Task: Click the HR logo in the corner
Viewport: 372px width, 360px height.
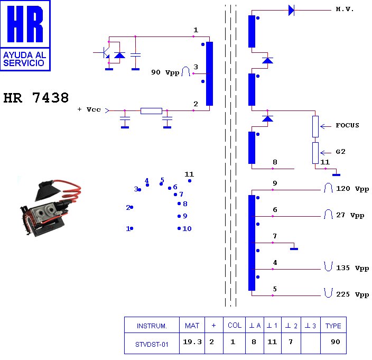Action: (x=26, y=35)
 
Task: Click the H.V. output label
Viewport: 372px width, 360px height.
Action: (x=345, y=10)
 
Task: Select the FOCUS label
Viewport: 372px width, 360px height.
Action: (x=347, y=125)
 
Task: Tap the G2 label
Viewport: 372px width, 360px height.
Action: (x=341, y=151)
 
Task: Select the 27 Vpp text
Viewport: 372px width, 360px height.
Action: (x=350, y=215)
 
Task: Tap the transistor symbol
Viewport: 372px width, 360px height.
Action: (x=105, y=53)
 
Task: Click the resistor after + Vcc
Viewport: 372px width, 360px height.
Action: (x=151, y=110)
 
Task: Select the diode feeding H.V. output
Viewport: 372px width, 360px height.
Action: (x=291, y=10)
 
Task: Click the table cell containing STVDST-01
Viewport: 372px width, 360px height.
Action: (x=152, y=344)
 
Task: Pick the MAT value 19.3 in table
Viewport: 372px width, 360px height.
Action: (x=192, y=342)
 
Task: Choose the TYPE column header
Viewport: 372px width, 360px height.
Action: (x=333, y=326)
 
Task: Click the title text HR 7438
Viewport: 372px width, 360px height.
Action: (x=36, y=98)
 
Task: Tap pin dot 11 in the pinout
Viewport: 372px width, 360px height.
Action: (x=190, y=181)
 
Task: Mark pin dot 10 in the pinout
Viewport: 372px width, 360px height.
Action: (x=179, y=228)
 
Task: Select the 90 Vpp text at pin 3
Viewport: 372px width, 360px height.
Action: (x=165, y=72)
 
